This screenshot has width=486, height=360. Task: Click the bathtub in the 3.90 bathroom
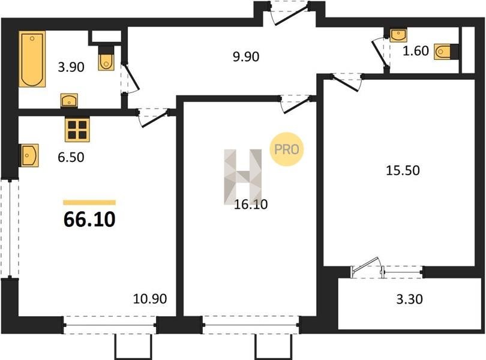click(x=32, y=59)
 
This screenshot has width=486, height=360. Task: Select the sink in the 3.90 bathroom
click(x=69, y=101)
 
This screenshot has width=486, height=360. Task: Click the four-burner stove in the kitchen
click(x=77, y=130)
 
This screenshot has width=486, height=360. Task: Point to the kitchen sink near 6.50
click(x=29, y=155)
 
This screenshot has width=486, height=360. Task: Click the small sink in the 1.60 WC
click(x=398, y=35)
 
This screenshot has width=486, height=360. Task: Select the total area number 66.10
click(x=89, y=219)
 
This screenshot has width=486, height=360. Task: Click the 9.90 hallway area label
click(x=246, y=57)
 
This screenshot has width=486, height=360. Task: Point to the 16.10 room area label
click(x=251, y=205)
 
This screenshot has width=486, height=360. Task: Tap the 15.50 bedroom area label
click(x=403, y=170)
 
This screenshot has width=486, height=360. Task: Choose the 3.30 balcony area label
click(x=409, y=299)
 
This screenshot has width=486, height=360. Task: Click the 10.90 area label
click(x=150, y=299)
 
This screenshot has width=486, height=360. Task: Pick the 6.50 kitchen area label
click(x=71, y=157)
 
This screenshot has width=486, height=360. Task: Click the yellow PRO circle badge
click(x=287, y=149)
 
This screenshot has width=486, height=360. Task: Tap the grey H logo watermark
click(x=242, y=177)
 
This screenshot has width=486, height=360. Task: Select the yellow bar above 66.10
click(x=89, y=202)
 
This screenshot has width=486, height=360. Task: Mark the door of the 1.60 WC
click(x=379, y=53)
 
